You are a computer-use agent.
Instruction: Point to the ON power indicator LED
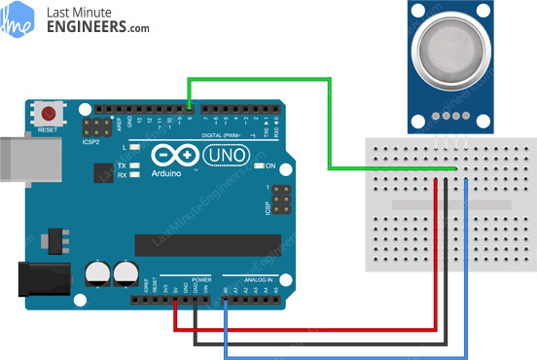[x=258, y=166]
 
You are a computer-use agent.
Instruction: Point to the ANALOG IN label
[x=252, y=281]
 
